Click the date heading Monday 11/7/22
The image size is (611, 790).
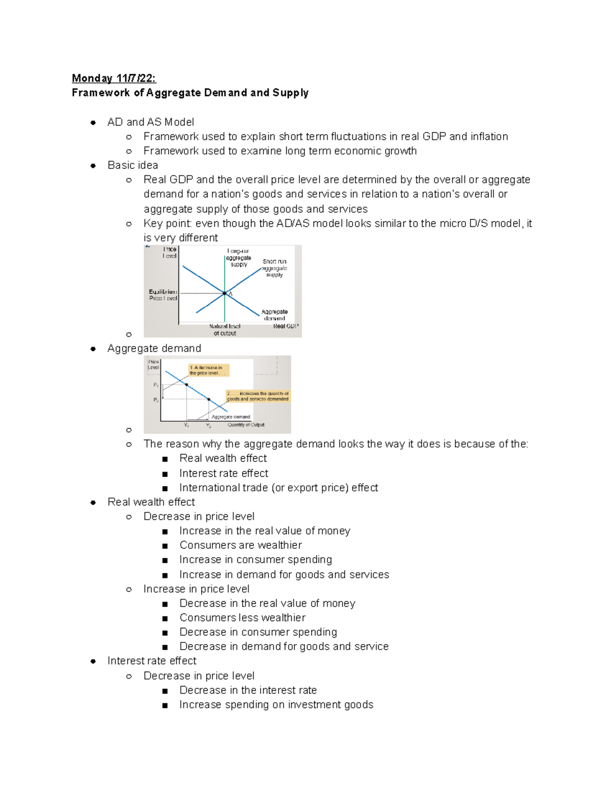114,78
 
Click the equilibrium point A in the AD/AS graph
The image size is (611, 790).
225,293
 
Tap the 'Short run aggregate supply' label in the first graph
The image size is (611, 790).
274,268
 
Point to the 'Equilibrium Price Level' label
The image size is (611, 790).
162,295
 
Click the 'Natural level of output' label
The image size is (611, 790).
225,330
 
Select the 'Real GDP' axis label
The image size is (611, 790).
285,326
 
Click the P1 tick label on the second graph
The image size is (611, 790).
156,386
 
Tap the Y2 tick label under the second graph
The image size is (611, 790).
208,425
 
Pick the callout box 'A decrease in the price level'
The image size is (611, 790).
208,370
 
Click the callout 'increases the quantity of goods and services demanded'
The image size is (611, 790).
258,396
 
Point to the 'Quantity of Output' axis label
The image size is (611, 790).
246,425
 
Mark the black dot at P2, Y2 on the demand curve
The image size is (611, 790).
209,399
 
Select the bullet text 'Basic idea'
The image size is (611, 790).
133,165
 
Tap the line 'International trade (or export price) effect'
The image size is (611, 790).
279,488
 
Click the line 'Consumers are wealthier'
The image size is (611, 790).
240,545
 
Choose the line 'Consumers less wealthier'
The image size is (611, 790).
242,618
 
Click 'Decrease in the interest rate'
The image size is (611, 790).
248,690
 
